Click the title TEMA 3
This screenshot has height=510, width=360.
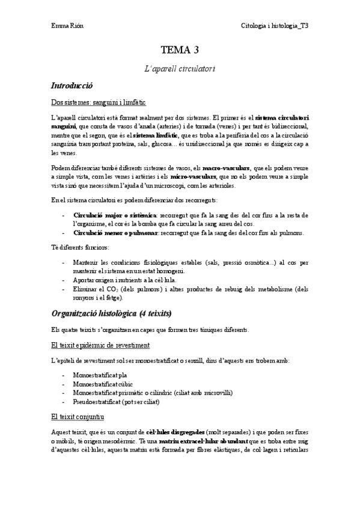[x=180, y=50]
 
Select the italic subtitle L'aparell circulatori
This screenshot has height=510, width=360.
[x=180, y=69]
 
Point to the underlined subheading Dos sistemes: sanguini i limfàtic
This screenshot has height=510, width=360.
[x=99, y=103]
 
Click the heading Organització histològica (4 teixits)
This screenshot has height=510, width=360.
[x=111, y=313]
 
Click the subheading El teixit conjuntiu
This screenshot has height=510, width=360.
[x=78, y=416]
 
